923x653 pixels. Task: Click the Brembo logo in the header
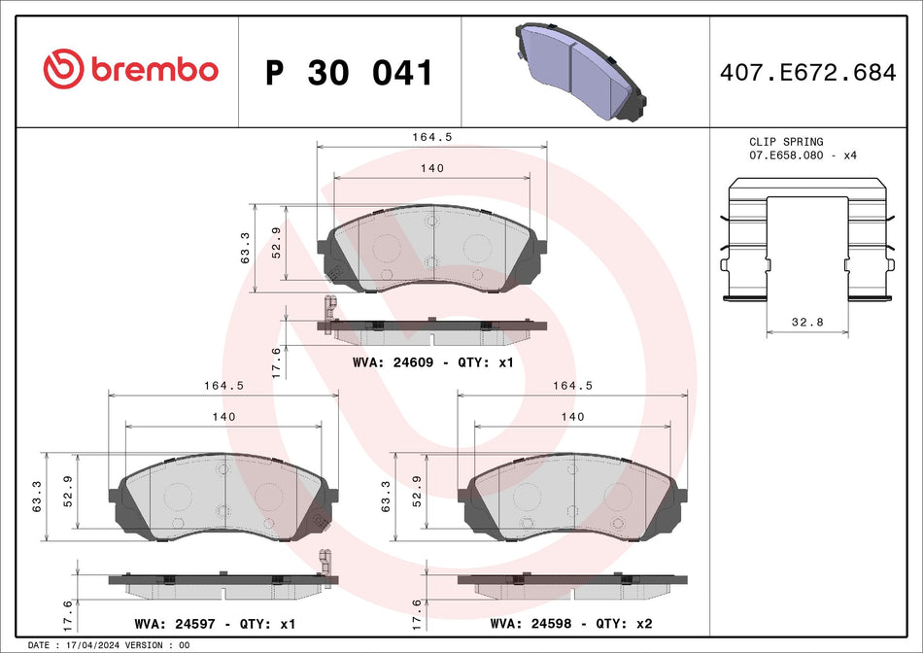point(131,69)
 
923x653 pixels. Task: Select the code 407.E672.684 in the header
point(806,72)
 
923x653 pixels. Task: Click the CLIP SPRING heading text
point(786,142)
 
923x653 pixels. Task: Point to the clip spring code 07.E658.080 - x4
point(803,155)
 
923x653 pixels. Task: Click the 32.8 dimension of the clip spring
point(805,321)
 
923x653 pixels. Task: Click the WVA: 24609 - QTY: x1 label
point(432,362)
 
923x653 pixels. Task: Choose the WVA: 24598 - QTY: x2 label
point(571,623)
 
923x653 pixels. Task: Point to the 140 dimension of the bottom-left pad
point(223,416)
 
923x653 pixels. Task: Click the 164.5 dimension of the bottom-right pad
point(572,385)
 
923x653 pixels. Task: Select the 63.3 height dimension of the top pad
point(247,248)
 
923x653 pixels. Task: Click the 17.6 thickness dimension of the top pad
point(276,361)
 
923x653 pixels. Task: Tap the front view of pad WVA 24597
point(223,497)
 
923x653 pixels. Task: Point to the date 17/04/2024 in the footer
point(93,645)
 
